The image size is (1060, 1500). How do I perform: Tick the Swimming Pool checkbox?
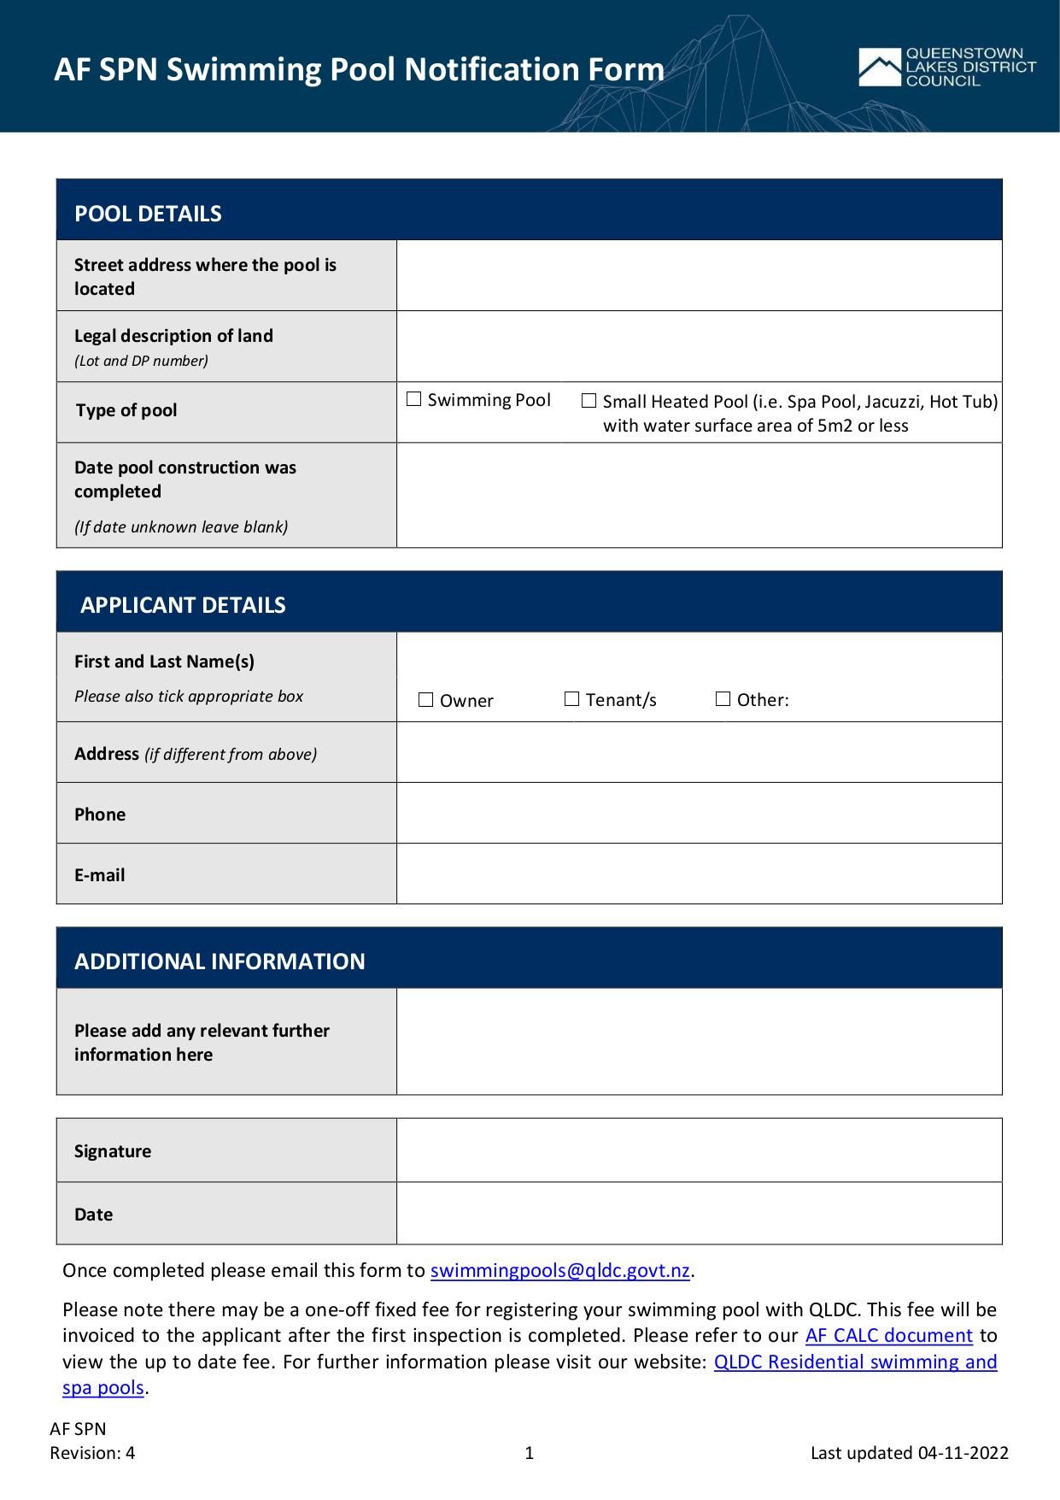[414, 399]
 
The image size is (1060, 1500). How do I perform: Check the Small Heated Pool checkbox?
[589, 401]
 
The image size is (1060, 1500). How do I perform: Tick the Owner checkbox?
[426, 700]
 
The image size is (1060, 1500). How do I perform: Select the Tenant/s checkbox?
[572, 699]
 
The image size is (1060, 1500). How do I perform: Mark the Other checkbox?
[723, 699]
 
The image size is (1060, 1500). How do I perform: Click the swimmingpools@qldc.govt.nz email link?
[559, 1271]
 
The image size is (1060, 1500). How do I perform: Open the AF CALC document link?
[888, 1335]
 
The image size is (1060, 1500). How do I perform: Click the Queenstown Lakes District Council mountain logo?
[879, 68]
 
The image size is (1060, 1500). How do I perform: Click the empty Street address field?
[699, 275]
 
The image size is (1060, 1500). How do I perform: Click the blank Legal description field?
[699, 346]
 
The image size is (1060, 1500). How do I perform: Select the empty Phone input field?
[699, 813]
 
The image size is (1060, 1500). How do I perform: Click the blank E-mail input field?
[699, 874]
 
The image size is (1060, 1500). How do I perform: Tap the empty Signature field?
[699, 1150]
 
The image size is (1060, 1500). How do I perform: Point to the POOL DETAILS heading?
[148, 214]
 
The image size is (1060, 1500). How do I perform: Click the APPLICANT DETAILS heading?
[183, 605]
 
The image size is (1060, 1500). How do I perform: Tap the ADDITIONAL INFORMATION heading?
[220, 962]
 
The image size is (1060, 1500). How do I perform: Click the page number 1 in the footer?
[530, 1453]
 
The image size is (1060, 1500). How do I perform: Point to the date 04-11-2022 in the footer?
[963, 1453]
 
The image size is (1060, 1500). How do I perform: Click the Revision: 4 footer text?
[92, 1453]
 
